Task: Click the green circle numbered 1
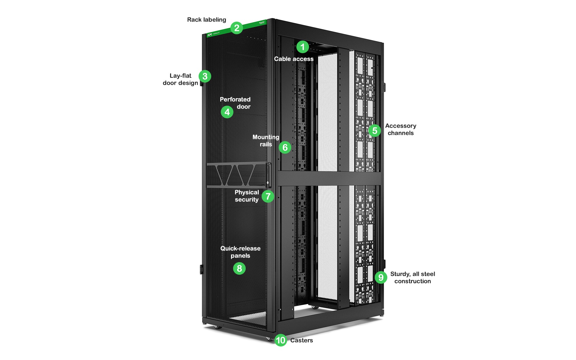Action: [x=302, y=47]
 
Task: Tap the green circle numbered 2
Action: [x=237, y=28]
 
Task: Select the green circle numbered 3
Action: [x=205, y=76]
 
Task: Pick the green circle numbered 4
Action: [x=227, y=112]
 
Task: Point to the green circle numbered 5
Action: [x=374, y=131]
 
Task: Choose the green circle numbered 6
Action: [x=285, y=147]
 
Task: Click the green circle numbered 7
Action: [x=268, y=196]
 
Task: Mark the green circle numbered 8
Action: [x=239, y=268]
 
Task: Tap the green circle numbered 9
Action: [x=381, y=277]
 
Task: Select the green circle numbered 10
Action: [x=280, y=340]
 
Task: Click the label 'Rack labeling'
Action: [x=206, y=20]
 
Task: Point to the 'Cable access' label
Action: [x=294, y=59]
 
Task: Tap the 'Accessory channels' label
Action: [x=400, y=129]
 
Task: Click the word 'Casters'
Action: [x=301, y=340]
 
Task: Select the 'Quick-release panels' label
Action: [x=240, y=252]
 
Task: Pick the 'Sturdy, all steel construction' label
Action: [x=412, y=278]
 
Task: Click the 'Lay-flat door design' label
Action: [x=180, y=80]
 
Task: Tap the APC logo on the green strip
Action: [x=210, y=35]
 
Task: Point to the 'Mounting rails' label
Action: [x=265, y=141]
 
